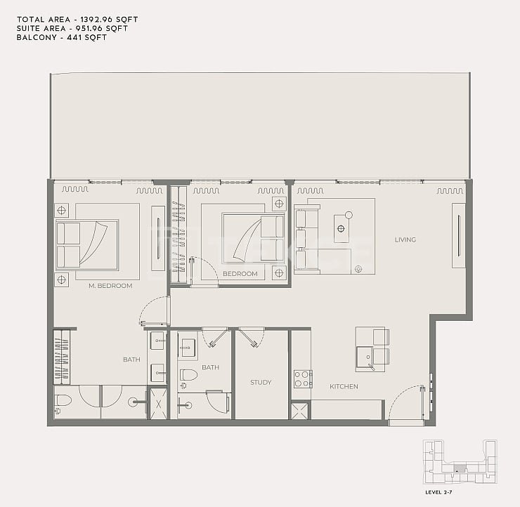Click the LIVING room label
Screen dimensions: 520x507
(405, 239)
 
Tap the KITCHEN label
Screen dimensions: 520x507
(344, 386)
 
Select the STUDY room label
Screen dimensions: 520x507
(261, 383)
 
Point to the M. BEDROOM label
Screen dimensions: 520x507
(110, 286)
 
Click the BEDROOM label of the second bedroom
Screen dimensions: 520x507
(240, 274)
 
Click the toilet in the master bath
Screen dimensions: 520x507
(63, 402)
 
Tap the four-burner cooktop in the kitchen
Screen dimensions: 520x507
(302, 379)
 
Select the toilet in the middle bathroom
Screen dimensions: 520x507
(188, 376)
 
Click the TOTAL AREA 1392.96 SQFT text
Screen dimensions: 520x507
(77, 20)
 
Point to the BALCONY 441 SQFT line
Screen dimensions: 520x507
(62, 37)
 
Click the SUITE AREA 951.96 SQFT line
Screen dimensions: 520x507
(72, 29)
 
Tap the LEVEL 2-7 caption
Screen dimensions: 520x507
(438, 492)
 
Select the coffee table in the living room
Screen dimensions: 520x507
(342, 228)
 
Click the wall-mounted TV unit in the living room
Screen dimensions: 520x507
(459, 236)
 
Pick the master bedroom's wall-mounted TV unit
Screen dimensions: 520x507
(158, 238)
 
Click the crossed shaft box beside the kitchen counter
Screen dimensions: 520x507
(301, 411)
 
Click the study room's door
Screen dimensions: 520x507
(253, 337)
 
